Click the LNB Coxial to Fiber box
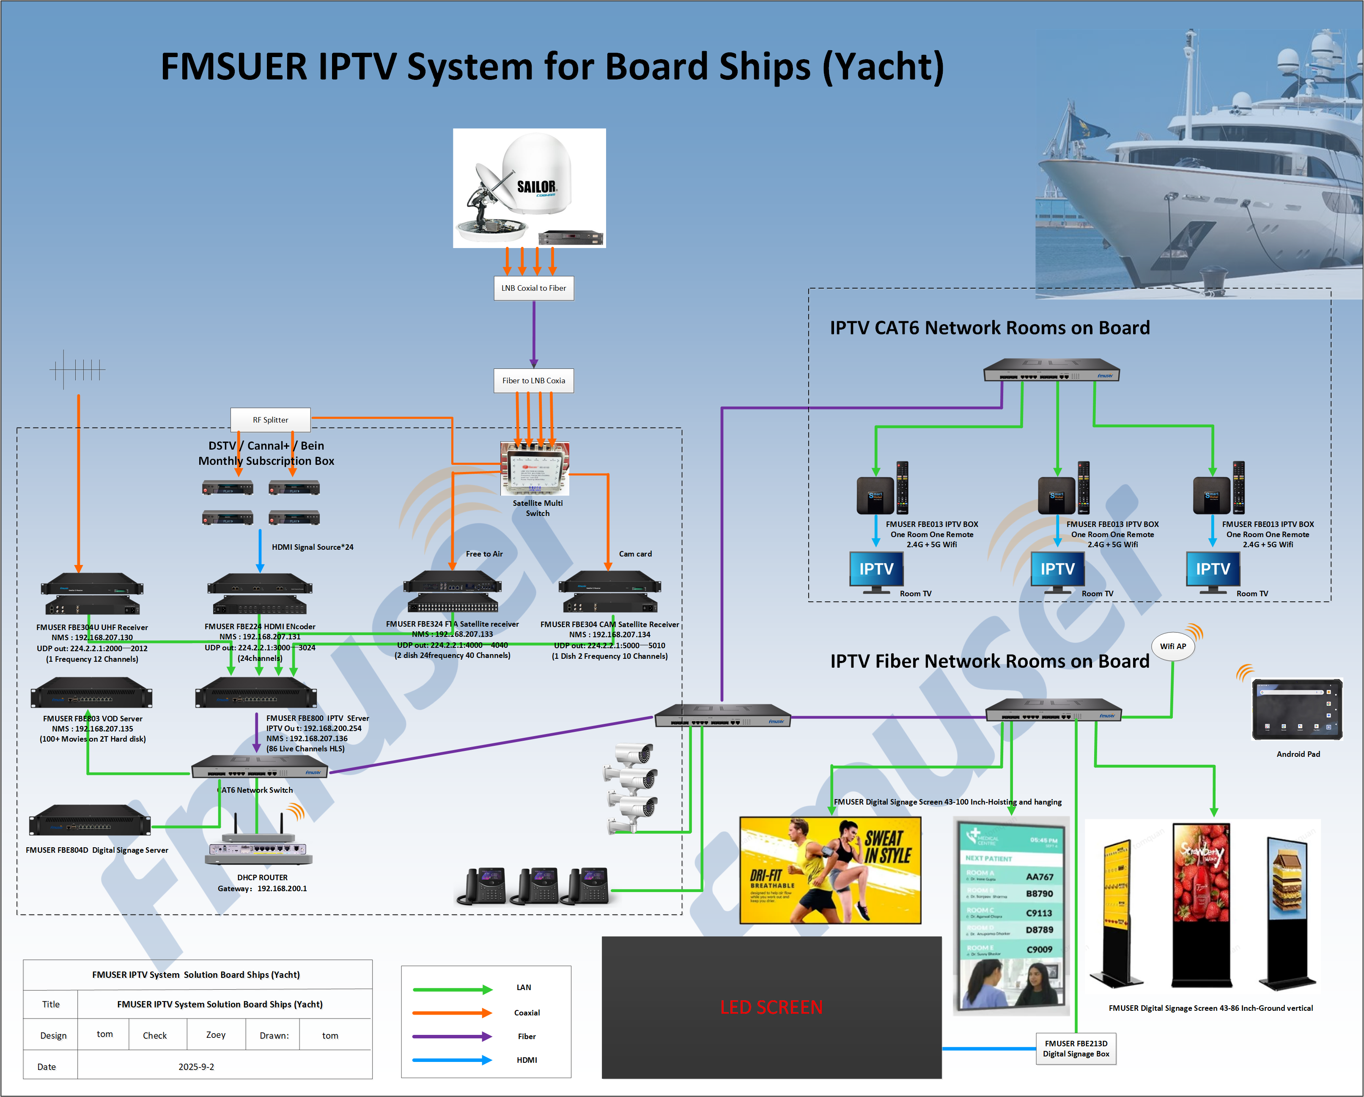click(533, 288)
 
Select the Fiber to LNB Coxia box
click(533, 381)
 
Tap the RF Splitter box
click(270, 420)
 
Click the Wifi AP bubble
click(1172, 646)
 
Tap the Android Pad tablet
click(1297, 709)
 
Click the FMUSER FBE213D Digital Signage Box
click(1076, 1049)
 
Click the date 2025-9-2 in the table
click(196, 1067)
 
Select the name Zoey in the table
click(216, 1035)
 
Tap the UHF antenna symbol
click(77, 369)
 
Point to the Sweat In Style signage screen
click(830, 870)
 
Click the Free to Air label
click(484, 554)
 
